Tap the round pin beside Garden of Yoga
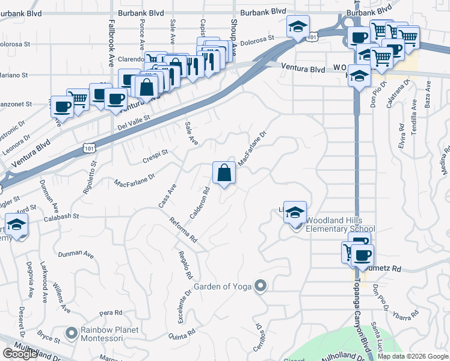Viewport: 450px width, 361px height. click(x=260, y=286)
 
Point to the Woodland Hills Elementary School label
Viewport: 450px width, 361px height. click(x=341, y=224)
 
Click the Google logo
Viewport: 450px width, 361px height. click(x=20, y=354)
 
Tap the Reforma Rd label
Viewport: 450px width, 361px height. click(x=183, y=230)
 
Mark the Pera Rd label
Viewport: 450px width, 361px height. click(x=111, y=313)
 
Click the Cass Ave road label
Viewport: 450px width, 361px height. click(x=167, y=196)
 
